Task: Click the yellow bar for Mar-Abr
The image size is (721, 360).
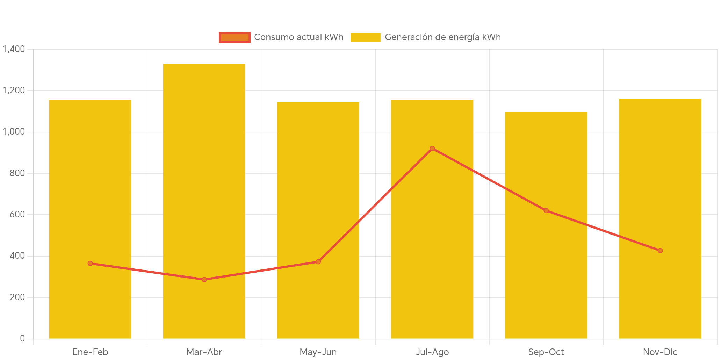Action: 204,201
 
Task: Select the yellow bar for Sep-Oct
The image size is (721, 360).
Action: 546,225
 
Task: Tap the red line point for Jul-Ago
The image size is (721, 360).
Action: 432,149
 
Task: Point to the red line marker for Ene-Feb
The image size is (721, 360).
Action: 90,263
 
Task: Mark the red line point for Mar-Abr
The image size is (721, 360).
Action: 204,280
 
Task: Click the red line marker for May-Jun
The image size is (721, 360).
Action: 318,262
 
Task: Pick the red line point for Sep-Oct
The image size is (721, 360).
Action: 546,210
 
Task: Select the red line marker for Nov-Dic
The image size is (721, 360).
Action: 660,251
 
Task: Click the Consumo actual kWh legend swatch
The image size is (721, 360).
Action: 235,37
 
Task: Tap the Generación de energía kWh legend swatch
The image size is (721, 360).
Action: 365,37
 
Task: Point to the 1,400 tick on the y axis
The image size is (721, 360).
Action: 14,49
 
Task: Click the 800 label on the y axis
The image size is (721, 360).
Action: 17,173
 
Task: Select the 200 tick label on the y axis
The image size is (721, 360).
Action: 17,297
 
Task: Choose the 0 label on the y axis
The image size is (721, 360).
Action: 22,338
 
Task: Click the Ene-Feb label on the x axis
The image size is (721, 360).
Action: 90,352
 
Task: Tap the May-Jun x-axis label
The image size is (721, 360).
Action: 318,352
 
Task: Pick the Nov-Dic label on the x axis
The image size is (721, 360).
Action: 660,352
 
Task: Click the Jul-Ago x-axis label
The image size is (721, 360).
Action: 432,352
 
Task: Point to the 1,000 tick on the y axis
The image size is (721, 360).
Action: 14,132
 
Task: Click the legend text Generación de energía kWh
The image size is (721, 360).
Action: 442,37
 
